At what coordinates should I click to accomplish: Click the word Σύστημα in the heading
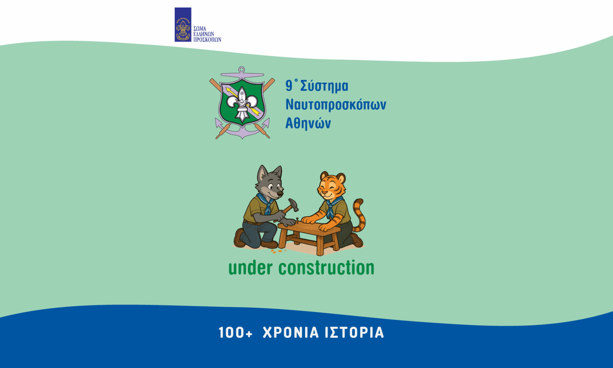pyautogui.click(x=324, y=86)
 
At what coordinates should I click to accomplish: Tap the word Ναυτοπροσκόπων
pyautogui.click(x=336, y=105)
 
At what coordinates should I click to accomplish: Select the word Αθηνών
pyautogui.click(x=308, y=123)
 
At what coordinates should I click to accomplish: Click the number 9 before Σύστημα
pyautogui.click(x=289, y=86)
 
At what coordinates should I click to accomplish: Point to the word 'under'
pyautogui.click(x=250, y=268)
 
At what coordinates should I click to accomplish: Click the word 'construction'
pyautogui.click(x=326, y=268)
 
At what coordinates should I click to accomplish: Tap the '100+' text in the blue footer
pyautogui.click(x=235, y=333)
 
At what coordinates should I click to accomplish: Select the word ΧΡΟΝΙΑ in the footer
pyautogui.click(x=291, y=333)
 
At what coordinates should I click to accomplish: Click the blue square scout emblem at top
pyautogui.click(x=183, y=25)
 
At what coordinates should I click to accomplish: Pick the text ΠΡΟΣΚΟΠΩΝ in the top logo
pyautogui.click(x=207, y=40)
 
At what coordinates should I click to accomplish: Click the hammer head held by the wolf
pyautogui.click(x=293, y=204)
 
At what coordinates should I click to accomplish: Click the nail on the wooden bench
pyautogui.click(x=297, y=220)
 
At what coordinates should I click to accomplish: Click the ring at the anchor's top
pyautogui.click(x=242, y=70)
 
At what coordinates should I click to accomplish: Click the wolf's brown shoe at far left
pyautogui.click(x=239, y=238)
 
